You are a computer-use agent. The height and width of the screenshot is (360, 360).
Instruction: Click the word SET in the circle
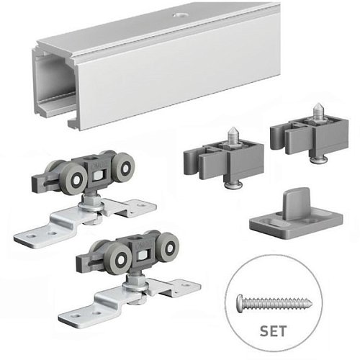click(x=273, y=331)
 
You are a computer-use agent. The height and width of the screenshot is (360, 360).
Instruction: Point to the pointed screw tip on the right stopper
click(x=318, y=110)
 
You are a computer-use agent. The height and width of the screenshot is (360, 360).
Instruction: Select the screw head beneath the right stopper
click(x=319, y=160)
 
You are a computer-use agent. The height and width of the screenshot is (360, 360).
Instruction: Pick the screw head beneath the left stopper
click(x=233, y=185)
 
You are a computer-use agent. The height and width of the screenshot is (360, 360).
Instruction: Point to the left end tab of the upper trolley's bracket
click(x=36, y=235)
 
